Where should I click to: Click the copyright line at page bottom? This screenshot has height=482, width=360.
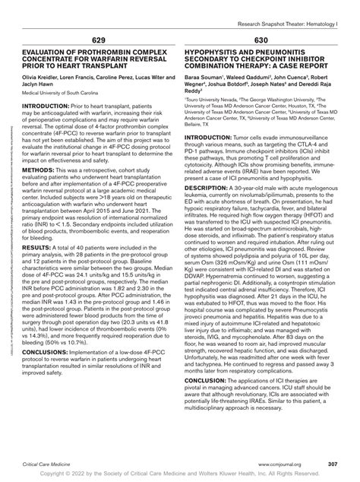(180, 474)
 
